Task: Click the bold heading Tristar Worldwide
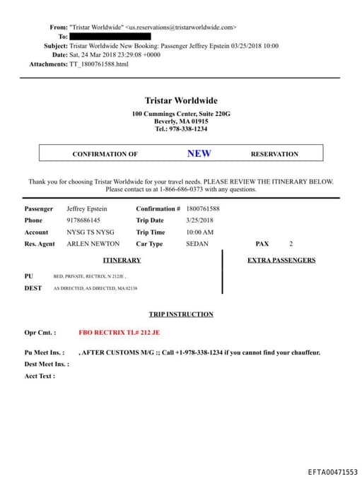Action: click(x=181, y=100)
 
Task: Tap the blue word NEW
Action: click(x=199, y=153)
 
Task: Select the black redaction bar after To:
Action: click(x=110, y=36)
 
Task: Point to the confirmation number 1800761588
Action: click(x=203, y=209)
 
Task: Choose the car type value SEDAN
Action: click(x=197, y=244)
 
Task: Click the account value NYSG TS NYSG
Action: click(x=90, y=232)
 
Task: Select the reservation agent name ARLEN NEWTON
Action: click(x=93, y=244)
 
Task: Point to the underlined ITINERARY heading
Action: click(x=122, y=260)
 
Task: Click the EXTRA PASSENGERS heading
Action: click(x=281, y=260)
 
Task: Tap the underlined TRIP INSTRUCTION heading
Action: click(x=181, y=314)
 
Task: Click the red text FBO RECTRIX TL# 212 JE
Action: click(x=119, y=332)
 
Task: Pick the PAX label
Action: click(x=262, y=244)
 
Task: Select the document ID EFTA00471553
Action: click(x=332, y=472)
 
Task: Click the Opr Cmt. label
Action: click(x=40, y=332)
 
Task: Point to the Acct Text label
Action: click(x=40, y=376)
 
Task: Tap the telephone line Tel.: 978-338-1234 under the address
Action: click(x=181, y=129)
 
